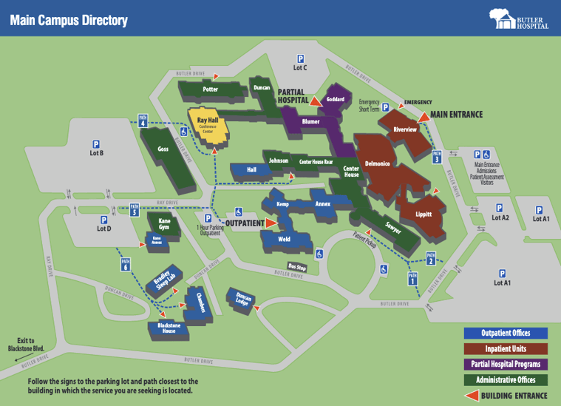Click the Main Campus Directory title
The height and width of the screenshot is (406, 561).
tap(68, 21)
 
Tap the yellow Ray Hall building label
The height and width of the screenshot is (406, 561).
tap(207, 121)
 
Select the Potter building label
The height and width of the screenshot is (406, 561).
tap(211, 89)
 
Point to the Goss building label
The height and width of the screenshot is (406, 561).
tap(163, 149)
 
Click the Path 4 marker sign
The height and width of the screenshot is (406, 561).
tap(143, 123)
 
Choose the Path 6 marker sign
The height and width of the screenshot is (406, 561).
tap(126, 264)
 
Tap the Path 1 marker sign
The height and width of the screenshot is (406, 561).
tap(412, 279)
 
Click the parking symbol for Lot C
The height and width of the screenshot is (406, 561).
tap(300, 59)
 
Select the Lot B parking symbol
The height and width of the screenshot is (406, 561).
tap(96, 144)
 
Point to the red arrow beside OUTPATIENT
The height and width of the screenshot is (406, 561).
tap(271, 222)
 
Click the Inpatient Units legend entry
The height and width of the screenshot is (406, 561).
tap(506, 348)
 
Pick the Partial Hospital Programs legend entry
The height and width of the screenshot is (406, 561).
tap(506, 364)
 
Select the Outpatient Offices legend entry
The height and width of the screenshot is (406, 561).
tap(506, 334)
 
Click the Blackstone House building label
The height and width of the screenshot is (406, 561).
tap(164, 328)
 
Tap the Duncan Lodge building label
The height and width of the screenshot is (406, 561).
tap(244, 300)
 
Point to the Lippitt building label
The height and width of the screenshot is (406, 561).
tap(424, 214)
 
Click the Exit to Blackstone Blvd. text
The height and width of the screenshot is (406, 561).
tap(26, 344)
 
